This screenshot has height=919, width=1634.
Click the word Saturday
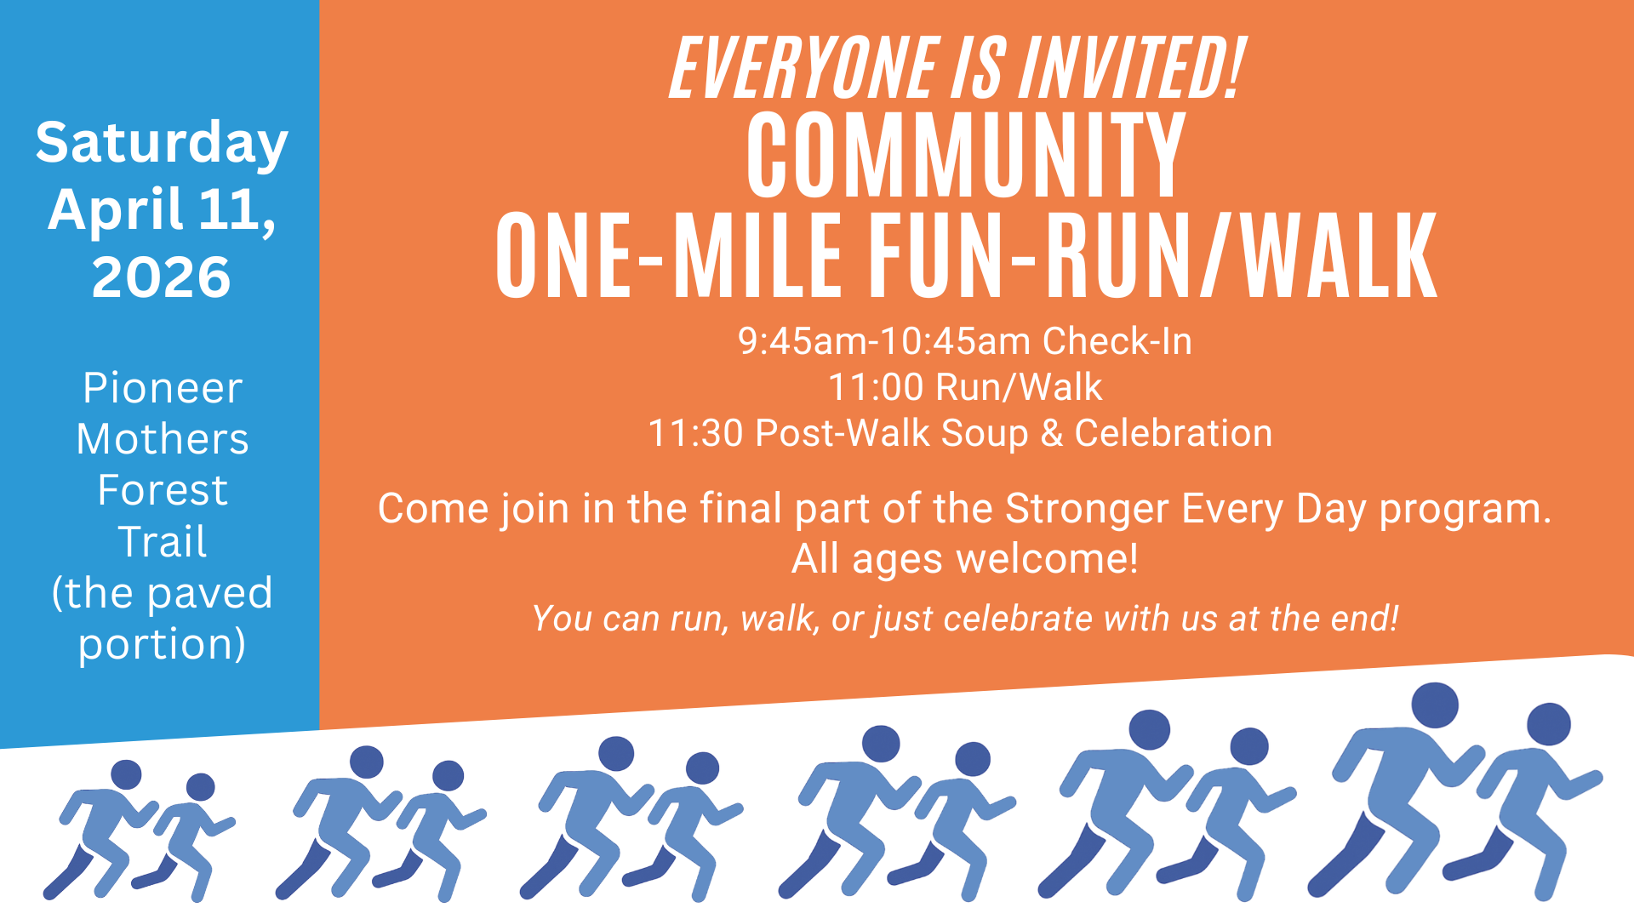[162, 143]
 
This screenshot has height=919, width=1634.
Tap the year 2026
[162, 277]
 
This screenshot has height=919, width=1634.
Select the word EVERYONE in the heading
[803, 68]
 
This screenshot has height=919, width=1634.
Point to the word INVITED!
[1132, 68]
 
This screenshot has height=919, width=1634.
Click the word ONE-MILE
[669, 257]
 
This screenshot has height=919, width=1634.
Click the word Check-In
[1117, 341]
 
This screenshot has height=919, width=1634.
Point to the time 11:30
[695, 433]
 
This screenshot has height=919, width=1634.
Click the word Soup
[985, 433]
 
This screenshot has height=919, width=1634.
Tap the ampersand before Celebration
[1052, 433]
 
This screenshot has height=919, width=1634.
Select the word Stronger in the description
[1087, 509]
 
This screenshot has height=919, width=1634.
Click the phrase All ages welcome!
[964, 559]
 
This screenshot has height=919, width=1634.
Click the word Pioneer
[162, 388]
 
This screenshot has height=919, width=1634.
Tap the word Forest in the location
[162, 490]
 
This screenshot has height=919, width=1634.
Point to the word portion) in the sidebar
[162, 644]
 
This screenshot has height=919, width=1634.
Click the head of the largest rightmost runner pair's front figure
[1548, 724]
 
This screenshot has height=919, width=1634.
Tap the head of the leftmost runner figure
[126, 774]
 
